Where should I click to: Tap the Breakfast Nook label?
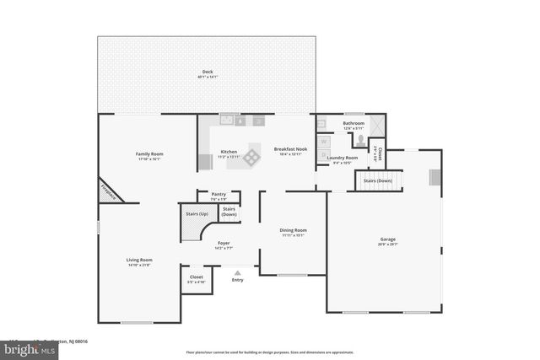click(289, 149)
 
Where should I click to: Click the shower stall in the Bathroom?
click(375, 126)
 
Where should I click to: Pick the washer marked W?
click(323, 142)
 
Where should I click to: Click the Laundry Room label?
click(343, 158)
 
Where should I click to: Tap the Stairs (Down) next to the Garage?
click(376, 180)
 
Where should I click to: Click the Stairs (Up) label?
click(198, 214)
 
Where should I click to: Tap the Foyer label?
click(224, 244)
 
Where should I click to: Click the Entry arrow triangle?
click(237, 272)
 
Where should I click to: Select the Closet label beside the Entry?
click(196, 276)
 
